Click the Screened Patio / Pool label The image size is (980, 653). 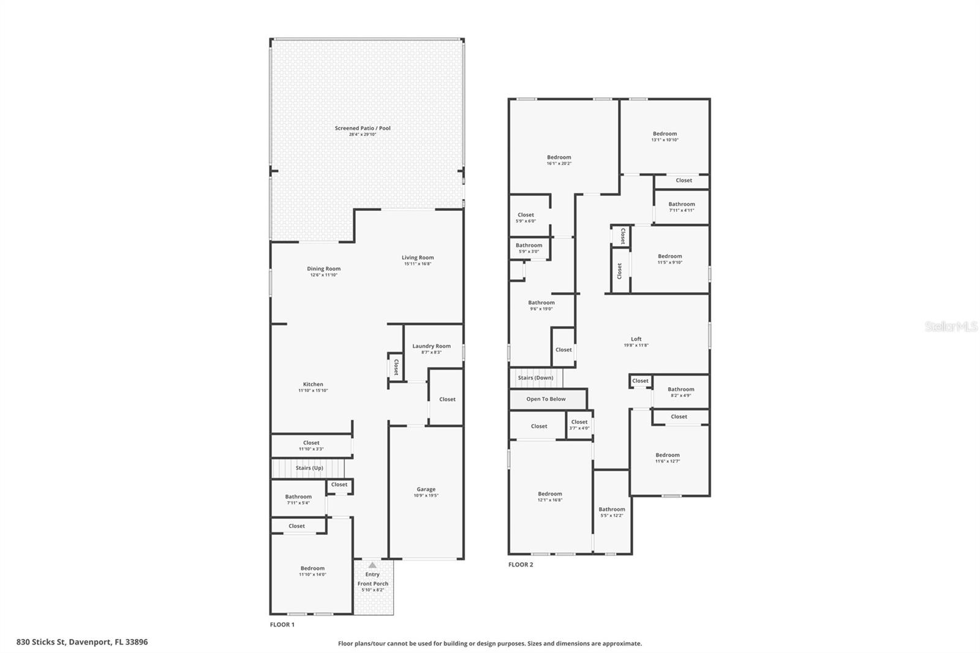[x=362, y=128]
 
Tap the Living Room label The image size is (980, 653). [x=418, y=258]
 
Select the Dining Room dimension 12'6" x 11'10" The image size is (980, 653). [x=323, y=275]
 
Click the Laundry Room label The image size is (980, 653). [x=431, y=346]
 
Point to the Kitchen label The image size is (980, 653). [x=313, y=384]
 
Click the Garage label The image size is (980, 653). [x=426, y=489]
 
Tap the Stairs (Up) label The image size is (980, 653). [x=309, y=468]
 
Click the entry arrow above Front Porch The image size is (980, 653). [x=372, y=565]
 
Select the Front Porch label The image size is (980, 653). [x=372, y=584]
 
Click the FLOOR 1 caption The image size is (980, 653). [x=282, y=625]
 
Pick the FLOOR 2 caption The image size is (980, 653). [x=521, y=565]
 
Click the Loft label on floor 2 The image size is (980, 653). [x=636, y=339]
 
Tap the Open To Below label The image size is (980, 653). [x=546, y=399]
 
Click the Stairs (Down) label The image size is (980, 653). [x=535, y=378]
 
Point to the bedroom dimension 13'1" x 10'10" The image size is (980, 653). [x=665, y=140]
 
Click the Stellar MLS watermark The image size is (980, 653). [x=951, y=327]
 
